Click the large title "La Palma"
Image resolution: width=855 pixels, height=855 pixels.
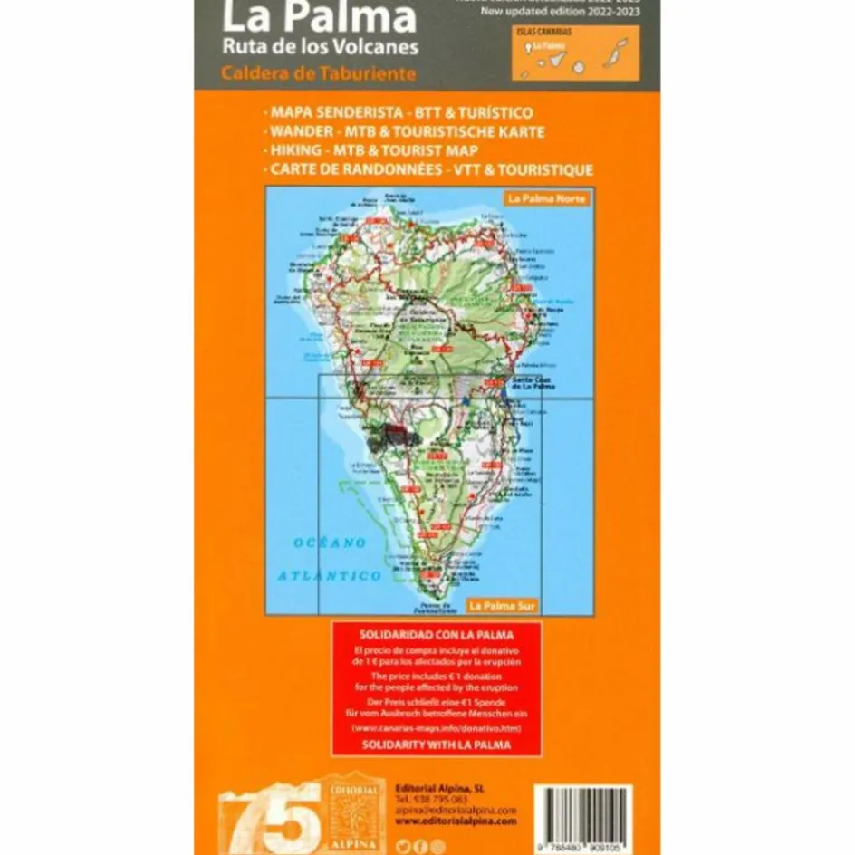[320, 18]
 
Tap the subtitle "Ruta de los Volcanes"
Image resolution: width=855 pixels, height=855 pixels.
[320, 46]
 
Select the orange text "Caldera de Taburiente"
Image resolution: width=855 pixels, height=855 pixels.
[320, 73]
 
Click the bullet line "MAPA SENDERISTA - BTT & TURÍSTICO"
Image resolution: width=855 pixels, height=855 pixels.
[399, 113]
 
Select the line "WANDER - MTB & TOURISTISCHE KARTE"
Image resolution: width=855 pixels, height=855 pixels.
[405, 131]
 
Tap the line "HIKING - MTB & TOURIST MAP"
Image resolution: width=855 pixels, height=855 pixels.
[371, 150]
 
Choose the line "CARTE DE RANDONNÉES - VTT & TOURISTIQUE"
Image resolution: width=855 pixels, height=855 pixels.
[429, 169]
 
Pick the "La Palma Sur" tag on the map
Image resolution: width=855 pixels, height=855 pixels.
[501, 604]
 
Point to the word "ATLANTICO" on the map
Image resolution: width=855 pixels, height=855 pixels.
[330, 575]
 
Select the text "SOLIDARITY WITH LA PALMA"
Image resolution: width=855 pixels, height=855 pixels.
[436, 744]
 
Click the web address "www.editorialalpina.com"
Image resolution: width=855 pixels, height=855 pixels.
[456, 821]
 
